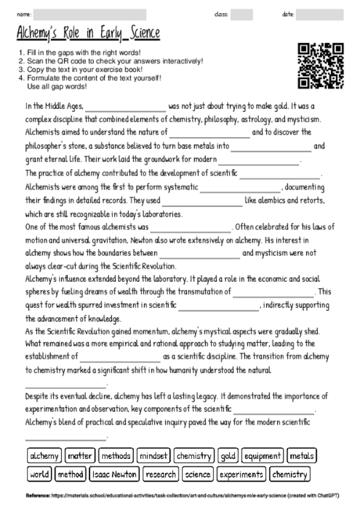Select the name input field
(90, 14)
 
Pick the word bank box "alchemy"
(44, 455)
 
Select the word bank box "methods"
(116, 455)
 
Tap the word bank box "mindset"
(153, 455)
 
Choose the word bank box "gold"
(228, 455)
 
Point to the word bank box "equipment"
(261, 455)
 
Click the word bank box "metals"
(301, 455)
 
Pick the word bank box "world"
(39, 474)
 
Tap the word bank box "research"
(161, 474)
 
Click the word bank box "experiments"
(240, 474)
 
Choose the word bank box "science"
(198, 474)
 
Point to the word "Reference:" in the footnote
(38, 495)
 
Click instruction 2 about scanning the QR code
(110, 60)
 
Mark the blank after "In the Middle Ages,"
(125, 106)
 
